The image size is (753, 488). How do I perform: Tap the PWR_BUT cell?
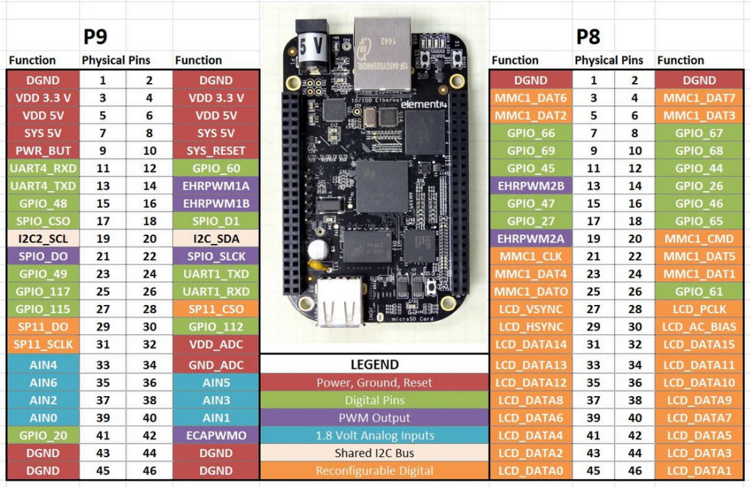pyautogui.click(x=43, y=151)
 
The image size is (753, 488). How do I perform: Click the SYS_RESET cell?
pyautogui.click(x=216, y=151)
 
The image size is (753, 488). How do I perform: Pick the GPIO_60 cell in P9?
pyautogui.click(x=216, y=168)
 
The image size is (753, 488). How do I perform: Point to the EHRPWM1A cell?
pyautogui.click(x=216, y=186)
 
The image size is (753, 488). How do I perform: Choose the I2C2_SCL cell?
pyautogui.click(x=43, y=238)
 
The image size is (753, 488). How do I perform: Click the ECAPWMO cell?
pyautogui.click(x=216, y=435)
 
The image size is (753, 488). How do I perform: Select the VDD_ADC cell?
pyautogui.click(x=216, y=344)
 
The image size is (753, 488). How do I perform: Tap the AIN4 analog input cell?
pyautogui.click(x=43, y=365)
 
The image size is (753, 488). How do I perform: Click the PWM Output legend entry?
pyautogui.click(x=374, y=417)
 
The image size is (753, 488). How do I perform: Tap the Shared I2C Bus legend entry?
pyautogui.click(x=374, y=453)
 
